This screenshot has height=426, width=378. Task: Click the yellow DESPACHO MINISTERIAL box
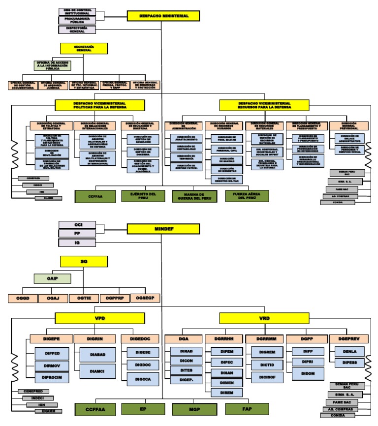click(163, 16)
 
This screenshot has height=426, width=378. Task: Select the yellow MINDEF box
click(163, 229)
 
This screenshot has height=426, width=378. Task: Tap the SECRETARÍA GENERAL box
click(83, 48)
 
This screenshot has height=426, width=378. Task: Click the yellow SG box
click(83, 262)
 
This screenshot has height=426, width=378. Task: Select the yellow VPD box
click(100, 318)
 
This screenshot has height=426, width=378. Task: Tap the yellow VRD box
click(264, 318)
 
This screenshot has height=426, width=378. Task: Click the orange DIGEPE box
click(51, 338)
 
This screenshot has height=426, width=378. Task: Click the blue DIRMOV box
click(51, 366)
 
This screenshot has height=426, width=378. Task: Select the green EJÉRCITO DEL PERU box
click(143, 196)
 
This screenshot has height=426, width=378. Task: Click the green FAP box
click(247, 408)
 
